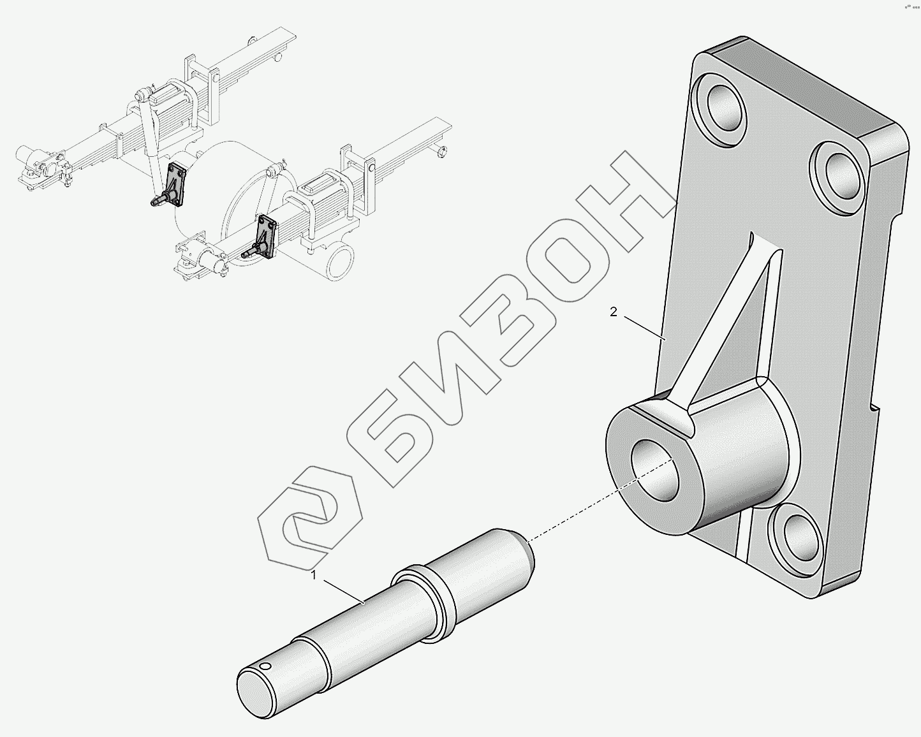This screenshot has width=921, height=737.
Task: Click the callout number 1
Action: pyautogui.click(x=314, y=576)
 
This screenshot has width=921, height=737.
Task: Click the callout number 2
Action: pyautogui.click(x=614, y=312)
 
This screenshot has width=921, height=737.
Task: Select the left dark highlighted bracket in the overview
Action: pyautogui.click(x=173, y=186)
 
